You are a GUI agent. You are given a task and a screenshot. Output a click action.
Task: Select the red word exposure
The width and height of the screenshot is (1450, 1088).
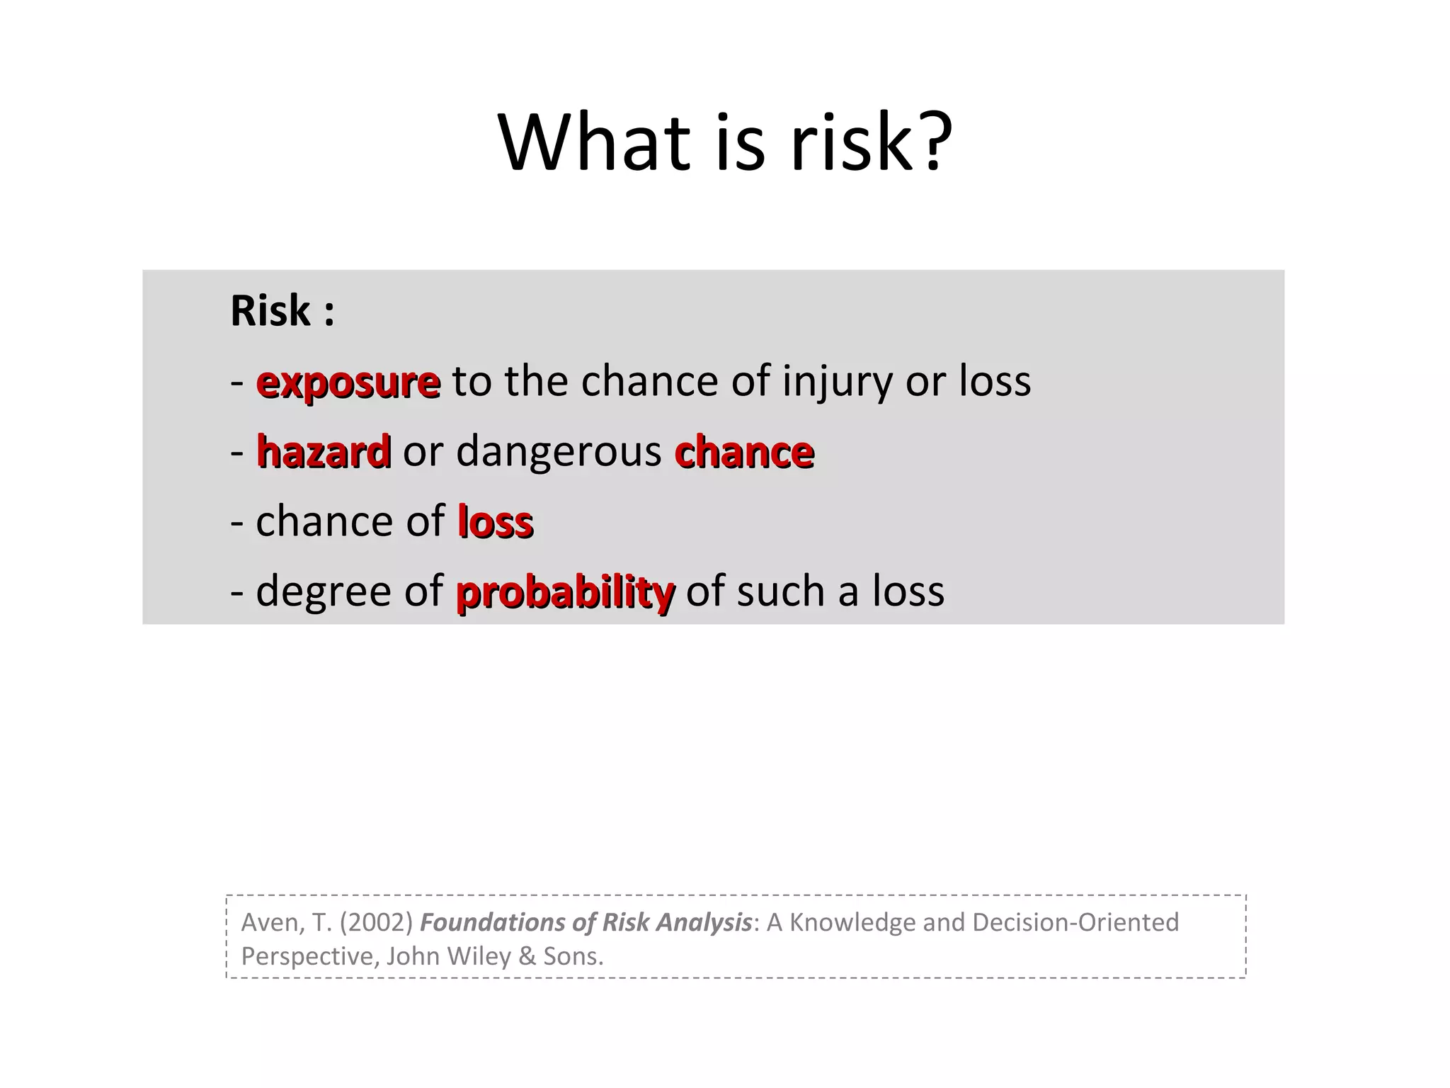pyautogui.click(x=348, y=383)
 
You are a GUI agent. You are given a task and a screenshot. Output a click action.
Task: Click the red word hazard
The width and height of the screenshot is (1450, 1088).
pyautogui.click(x=324, y=451)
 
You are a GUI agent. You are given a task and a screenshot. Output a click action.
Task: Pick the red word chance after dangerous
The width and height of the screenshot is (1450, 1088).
pyautogui.click(x=744, y=451)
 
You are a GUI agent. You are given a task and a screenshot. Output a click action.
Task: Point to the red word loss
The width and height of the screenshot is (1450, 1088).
pyautogui.click(x=495, y=522)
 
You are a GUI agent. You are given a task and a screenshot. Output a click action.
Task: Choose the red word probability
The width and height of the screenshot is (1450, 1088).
pyautogui.click(x=565, y=593)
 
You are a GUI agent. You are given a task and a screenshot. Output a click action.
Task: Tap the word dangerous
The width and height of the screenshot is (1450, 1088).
pyautogui.click(x=559, y=451)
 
